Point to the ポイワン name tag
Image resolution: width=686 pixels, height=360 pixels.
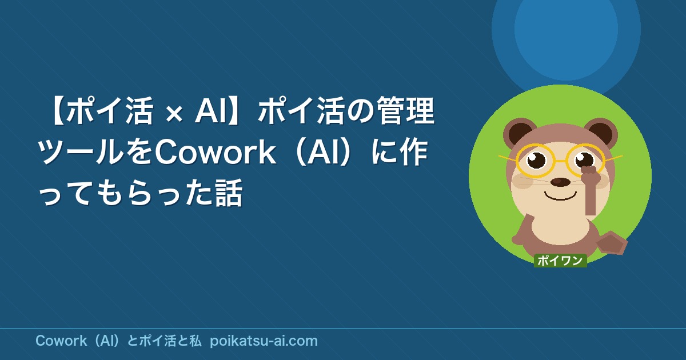[x=560, y=261]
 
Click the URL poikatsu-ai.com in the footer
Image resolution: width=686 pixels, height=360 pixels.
[x=264, y=341]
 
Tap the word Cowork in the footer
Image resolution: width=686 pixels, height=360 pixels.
[x=61, y=341]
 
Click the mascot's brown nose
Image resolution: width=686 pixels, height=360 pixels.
[x=558, y=182]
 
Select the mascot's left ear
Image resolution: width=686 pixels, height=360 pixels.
[x=519, y=132]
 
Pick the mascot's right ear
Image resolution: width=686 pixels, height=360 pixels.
[x=602, y=132]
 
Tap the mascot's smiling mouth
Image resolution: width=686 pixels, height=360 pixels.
[x=560, y=195]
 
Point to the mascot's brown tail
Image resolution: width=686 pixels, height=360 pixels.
[x=612, y=243]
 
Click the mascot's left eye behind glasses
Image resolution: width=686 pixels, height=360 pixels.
[x=536, y=160]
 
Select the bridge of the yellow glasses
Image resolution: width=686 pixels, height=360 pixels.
[x=560, y=161]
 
